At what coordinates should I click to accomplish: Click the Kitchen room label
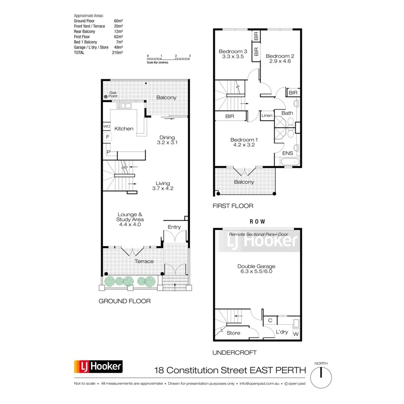pos(124,129)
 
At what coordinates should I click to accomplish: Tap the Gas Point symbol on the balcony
pos(105,97)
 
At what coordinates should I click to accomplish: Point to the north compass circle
pos(321,374)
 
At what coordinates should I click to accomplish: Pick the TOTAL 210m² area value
pos(117,52)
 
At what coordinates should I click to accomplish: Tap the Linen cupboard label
pos(267,116)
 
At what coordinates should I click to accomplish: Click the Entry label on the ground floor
pos(174,227)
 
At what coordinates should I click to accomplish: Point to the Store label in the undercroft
pos(233,333)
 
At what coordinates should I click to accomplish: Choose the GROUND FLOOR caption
pos(124,301)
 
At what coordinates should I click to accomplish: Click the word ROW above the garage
pos(257,221)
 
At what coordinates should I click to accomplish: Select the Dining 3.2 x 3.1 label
pos(167,140)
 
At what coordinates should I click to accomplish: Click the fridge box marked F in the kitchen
pos(107,137)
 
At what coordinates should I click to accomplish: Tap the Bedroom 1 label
pos(244,142)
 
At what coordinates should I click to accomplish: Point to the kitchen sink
pos(126,106)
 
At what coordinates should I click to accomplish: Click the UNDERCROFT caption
pos(235,353)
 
